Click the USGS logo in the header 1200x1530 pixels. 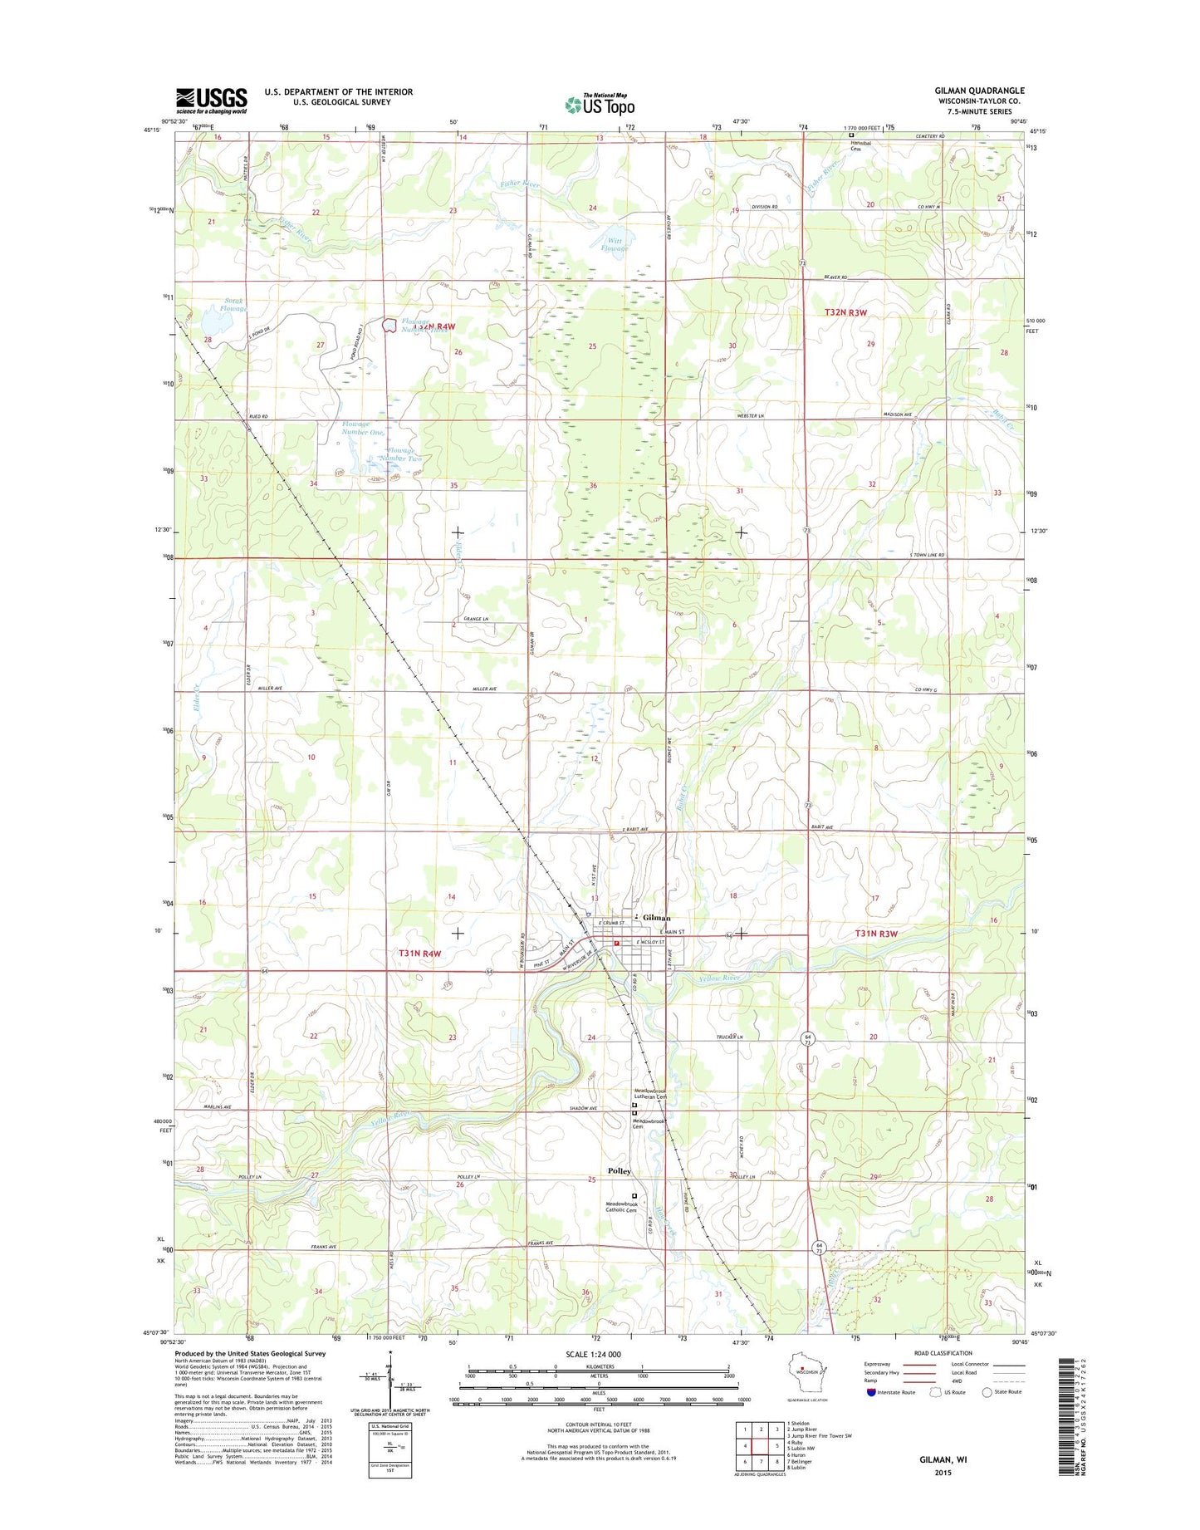(x=211, y=100)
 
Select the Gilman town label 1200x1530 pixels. (x=656, y=917)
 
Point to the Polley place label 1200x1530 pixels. (x=620, y=1170)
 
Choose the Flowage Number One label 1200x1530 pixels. (x=363, y=428)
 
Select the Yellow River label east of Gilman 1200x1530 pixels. (x=718, y=978)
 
